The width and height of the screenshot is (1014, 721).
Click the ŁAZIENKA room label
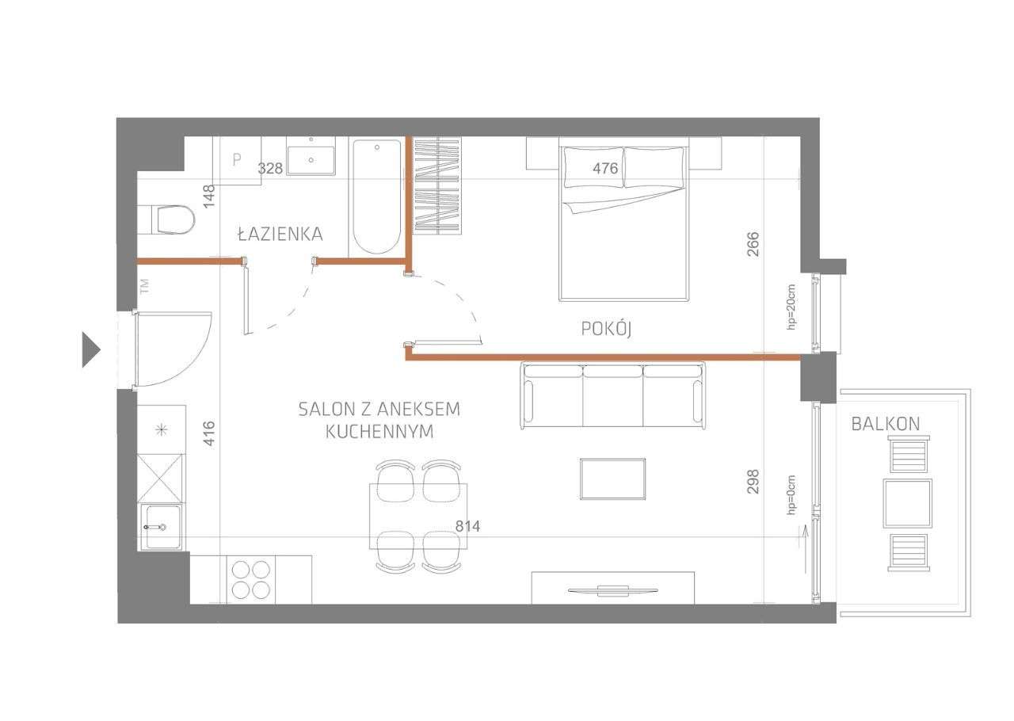tap(280, 234)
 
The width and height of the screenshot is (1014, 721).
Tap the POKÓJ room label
tap(606, 329)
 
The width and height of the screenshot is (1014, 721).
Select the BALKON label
tap(886, 424)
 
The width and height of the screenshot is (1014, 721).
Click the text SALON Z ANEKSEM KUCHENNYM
tap(379, 420)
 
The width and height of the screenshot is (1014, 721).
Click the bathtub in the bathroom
tap(376, 196)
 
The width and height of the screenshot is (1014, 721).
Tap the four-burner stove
tap(250, 579)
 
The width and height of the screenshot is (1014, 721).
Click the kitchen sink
tap(161, 527)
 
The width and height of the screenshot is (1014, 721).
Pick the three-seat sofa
tap(612, 394)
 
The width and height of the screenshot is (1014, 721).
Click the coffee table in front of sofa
tap(612, 479)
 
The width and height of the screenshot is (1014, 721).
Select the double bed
tap(623, 222)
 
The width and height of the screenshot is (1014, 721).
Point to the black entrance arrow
tap(91, 349)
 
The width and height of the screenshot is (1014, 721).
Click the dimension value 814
tap(467, 526)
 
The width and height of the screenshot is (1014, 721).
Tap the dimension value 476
tap(605, 168)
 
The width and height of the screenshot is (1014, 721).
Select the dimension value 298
tap(753, 482)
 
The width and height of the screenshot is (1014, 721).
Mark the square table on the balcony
tap(907, 502)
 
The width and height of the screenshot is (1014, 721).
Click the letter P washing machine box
tap(236, 159)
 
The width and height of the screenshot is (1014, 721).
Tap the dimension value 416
tap(209, 433)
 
